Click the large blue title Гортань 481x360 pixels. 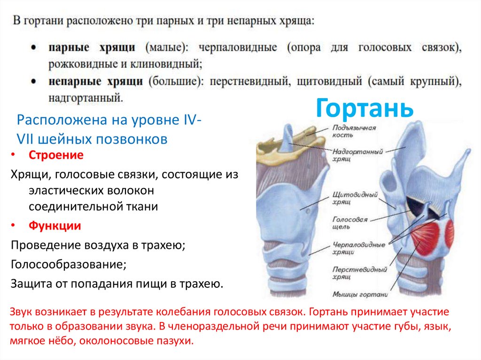pos(364,108)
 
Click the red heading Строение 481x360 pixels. pos(56,155)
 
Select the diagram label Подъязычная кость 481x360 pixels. pos(355,131)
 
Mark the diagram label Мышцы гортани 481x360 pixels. pos(360,295)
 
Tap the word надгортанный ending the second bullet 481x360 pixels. pos(85,98)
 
